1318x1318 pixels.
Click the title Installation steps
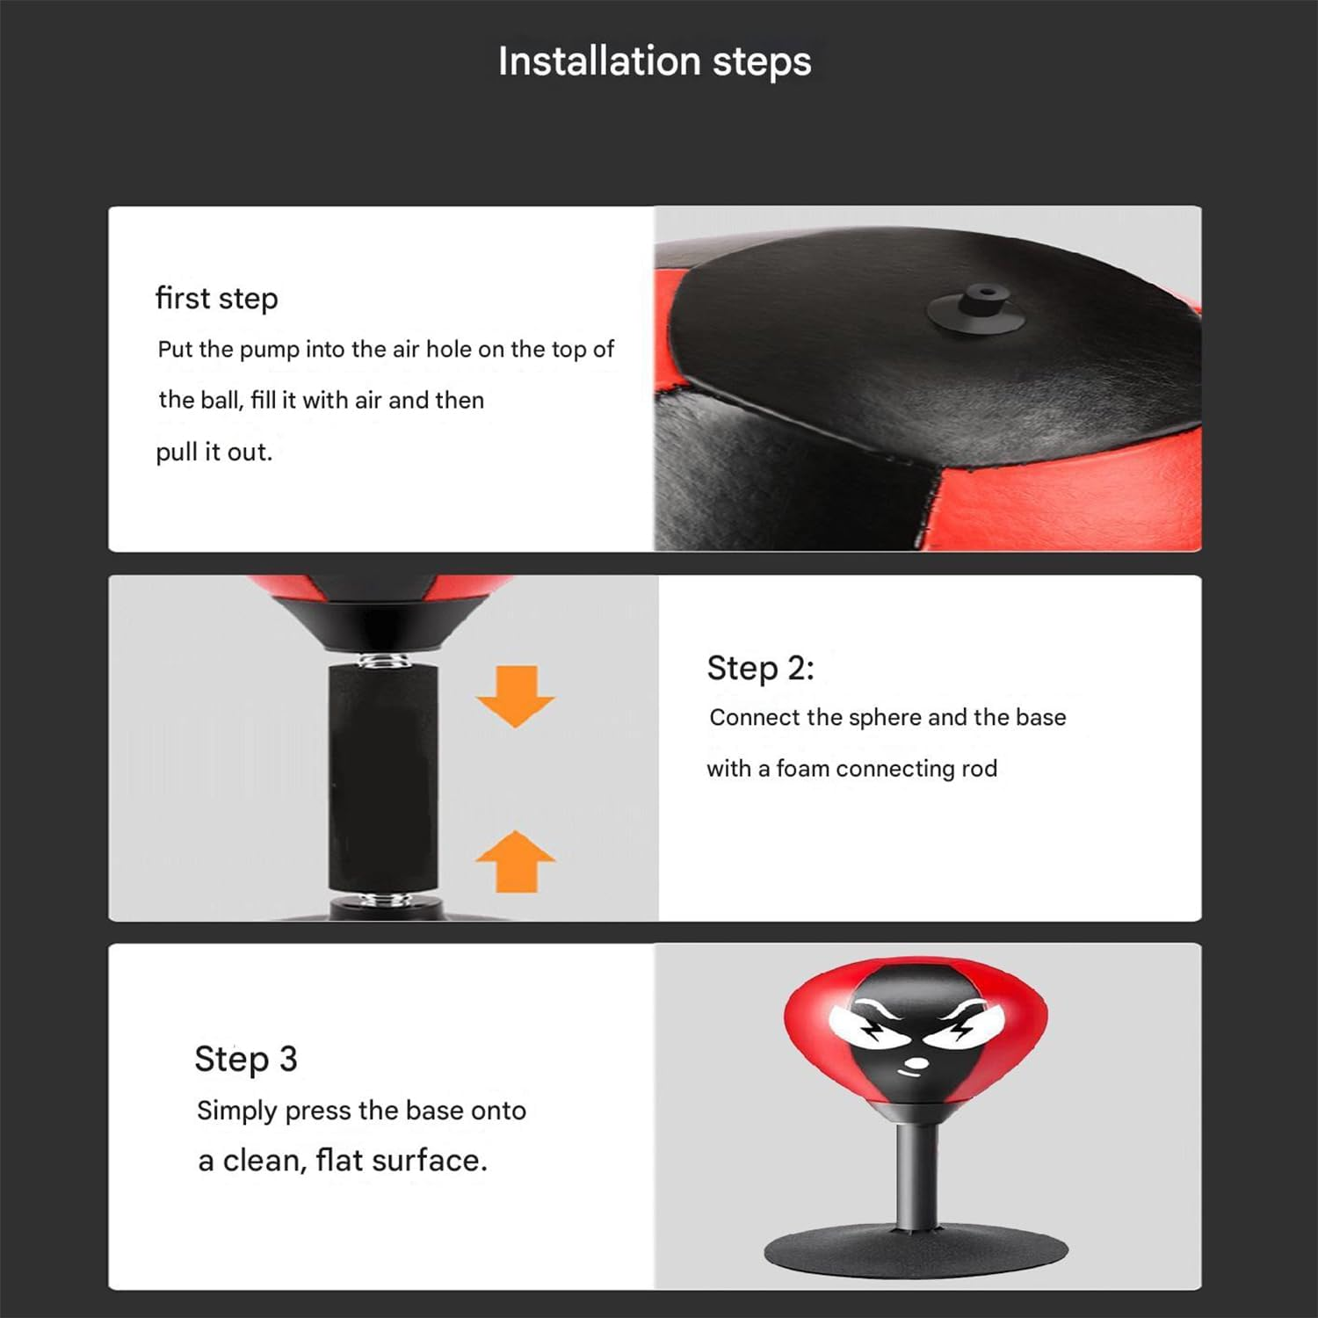coord(655,62)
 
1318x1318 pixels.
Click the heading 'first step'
coord(216,299)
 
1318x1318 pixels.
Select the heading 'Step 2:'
coord(760,669)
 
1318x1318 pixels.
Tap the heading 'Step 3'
coord(246,1059)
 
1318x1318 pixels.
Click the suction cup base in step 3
coord(916,1248)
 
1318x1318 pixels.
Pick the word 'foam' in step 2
coord(802,769)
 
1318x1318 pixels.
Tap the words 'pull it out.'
coord(214,453)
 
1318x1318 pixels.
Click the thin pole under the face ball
coord(916,1177)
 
